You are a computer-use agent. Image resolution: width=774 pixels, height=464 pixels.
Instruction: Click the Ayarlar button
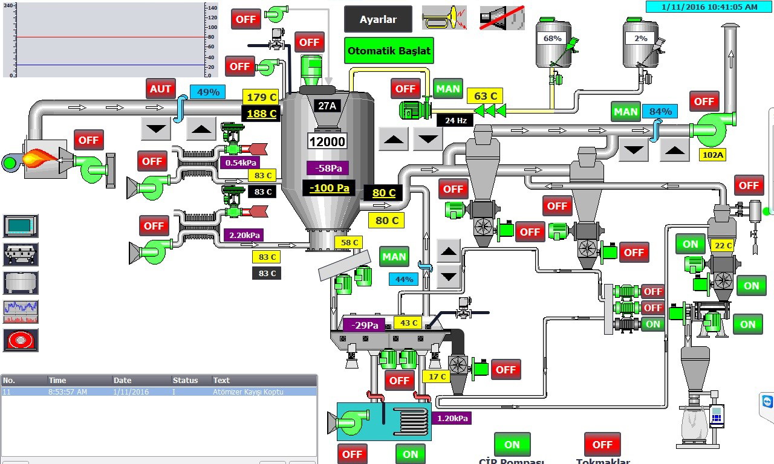(378, 19)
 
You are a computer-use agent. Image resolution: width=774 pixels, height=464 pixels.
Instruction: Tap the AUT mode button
(160, 89)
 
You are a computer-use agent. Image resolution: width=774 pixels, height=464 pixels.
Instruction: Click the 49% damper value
(208, 92)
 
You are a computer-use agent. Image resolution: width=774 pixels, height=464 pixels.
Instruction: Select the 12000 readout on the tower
(327, 141)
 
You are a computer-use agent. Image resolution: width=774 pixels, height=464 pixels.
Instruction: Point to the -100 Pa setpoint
(329, 188)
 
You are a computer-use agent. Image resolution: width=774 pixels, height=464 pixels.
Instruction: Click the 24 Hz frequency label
(455, 120)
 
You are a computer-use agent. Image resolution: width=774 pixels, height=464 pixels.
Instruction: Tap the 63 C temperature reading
(485, 96)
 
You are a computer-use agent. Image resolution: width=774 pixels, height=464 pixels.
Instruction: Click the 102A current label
(712, 155)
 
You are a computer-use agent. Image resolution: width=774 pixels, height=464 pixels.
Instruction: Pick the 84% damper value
(660, 111)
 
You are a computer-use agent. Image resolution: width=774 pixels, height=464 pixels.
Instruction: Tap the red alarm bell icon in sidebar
(21, 340)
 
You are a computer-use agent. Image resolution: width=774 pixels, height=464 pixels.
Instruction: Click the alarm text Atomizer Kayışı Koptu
(248, 391)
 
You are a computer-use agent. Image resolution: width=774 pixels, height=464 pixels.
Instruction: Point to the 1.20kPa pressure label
(451, 417)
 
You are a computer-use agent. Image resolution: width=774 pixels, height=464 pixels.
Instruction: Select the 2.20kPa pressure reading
(243, 234)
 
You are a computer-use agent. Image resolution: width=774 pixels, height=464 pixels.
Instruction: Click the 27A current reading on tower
(327, 106)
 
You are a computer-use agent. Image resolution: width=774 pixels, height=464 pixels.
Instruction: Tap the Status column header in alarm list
(185, 380)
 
